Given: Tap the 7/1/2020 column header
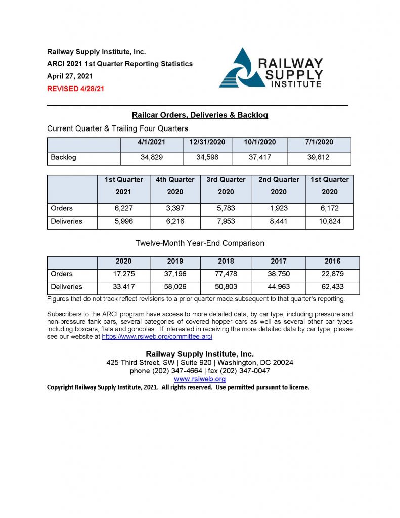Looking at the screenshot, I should [319, 143].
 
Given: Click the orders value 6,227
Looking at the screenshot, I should [124, 208].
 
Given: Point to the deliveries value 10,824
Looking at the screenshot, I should [329, 221].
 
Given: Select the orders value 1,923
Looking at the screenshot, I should [278, 208].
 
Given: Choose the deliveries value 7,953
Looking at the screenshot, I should [226, 221].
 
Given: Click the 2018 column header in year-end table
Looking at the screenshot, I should [226, 262].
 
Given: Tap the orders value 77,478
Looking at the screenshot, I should [226, 274].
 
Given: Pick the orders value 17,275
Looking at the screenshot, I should [123, 274].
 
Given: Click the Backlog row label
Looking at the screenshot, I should [63, 157].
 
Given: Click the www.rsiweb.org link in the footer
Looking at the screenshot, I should [200, 379].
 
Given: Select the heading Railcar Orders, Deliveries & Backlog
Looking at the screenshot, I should [200, 115].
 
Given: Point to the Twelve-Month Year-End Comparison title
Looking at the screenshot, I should [200, 243].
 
